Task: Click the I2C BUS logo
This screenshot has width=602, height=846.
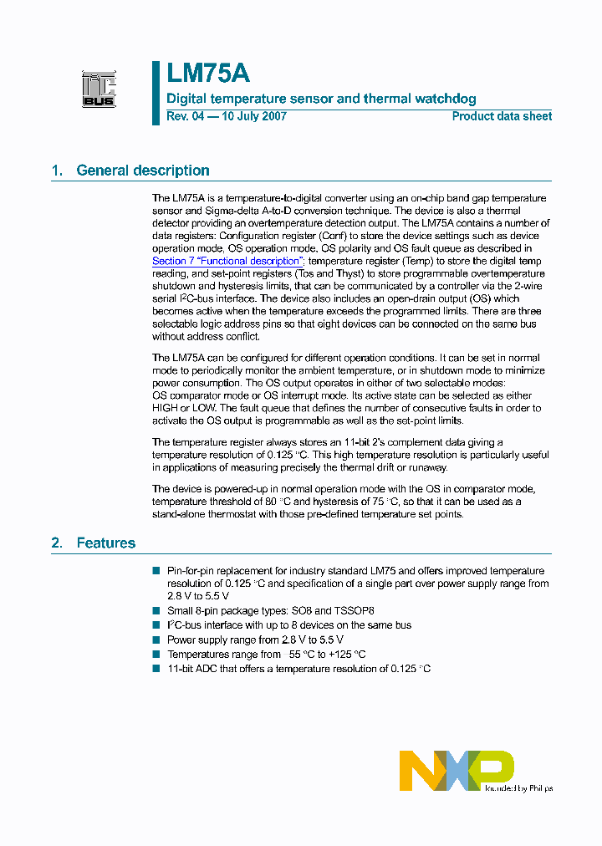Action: (x=99, y=89)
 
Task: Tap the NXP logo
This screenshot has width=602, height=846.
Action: (x=456, y=770)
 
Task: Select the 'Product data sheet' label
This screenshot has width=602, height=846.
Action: (x=502, y=116)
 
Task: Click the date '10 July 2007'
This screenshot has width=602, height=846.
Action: (x=253, y=116)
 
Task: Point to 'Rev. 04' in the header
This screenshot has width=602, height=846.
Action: (x=185, y=116)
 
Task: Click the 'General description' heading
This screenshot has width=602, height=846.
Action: (x=143, y=171)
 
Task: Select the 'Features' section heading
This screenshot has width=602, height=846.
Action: (x=106, y=543)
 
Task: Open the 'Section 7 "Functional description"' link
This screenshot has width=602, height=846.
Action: (x=226, y=261)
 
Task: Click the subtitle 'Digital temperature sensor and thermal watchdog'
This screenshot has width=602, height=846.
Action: (x=321, y=99)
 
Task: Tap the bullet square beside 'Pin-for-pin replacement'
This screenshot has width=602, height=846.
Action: (x=156, y=570)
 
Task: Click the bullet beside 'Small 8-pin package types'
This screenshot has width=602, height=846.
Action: (x=156, y=611)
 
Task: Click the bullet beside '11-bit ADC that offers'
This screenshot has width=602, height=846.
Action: (x=156, y=668)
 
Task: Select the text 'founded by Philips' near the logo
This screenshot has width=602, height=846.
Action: (x=518, y=787)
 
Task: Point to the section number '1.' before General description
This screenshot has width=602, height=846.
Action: (x=57, y=171)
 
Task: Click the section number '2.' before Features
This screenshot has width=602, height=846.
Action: (x=57, y=543)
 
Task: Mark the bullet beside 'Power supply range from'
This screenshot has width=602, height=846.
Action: (x=156, y=640)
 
